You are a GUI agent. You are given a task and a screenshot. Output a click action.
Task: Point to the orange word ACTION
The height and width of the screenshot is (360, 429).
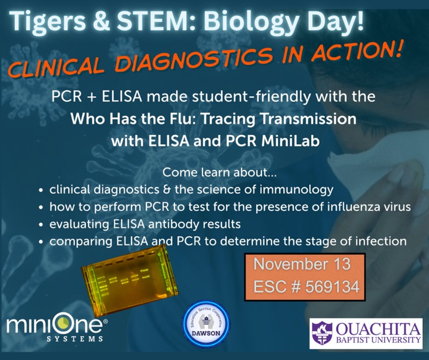(x=356, y=50)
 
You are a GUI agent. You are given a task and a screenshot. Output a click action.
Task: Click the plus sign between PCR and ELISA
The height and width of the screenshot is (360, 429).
(x=92, y=98)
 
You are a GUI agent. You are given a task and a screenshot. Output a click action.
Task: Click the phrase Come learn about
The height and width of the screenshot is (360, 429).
(x=220, y=173)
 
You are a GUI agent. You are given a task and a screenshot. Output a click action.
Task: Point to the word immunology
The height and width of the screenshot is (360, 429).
(x=296, y=190)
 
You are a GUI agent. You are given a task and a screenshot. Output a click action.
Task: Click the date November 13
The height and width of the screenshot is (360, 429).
(x=302, y=264)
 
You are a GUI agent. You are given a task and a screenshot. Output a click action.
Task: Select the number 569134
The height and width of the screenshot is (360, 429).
(x=332, y=287)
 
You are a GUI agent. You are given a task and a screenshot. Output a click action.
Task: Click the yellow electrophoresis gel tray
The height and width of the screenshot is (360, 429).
(x=130, y=281)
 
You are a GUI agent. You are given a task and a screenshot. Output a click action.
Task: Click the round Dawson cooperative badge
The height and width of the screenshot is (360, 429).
(x=206, y=324)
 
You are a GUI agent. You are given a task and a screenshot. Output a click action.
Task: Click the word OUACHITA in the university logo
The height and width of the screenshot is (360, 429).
(x=378, y=329)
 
